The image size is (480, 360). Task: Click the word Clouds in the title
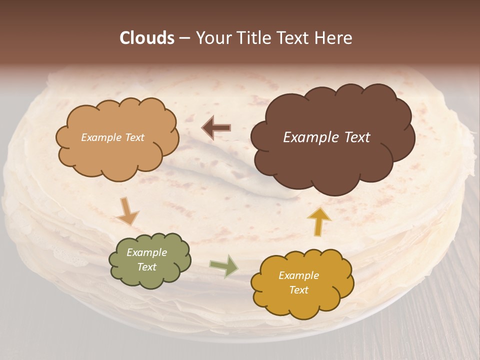[147, 38]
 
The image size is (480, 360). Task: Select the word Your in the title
[210, 38]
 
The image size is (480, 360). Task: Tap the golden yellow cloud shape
[302, 300]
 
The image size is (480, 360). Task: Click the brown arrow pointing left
[216, 128]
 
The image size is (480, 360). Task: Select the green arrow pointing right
[223, 265]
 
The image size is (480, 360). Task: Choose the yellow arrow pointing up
[318, 221]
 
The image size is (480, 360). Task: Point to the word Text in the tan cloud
[134, 137]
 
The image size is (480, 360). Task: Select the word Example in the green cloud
[146, 253]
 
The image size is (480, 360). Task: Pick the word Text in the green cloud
[146, 267]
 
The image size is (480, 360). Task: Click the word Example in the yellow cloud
[298, 275]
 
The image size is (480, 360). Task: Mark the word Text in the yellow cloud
[298, 290]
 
